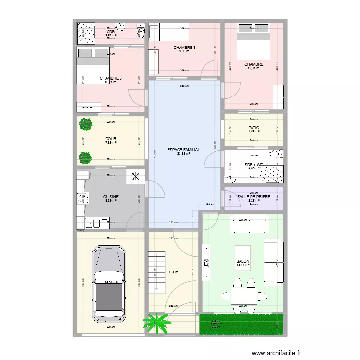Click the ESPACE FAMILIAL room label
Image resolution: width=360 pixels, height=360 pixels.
(x=184, y=150)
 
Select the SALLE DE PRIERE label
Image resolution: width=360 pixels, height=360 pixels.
(x=253, y=197)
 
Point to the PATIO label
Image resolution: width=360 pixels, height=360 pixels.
(x=253, y=128)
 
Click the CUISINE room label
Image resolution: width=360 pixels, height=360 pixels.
(x=111, y=197)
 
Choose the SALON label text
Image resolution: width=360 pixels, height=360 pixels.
(x=243, y=261)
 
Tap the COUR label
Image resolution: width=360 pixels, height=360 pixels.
(x=111, y=139)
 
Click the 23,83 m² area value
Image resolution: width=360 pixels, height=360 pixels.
(x=184, y=154)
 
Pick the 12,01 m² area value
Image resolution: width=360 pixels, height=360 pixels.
(x=253, y=68)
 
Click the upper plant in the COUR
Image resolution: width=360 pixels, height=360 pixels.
(x=86, y=124)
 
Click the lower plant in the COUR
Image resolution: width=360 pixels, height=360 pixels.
(x=86, y=157)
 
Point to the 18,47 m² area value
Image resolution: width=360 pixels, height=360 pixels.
(x=243, y=265)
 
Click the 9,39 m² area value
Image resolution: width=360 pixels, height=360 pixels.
(x=111, y=201)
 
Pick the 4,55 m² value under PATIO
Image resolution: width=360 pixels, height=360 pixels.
(x=253, y=132)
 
